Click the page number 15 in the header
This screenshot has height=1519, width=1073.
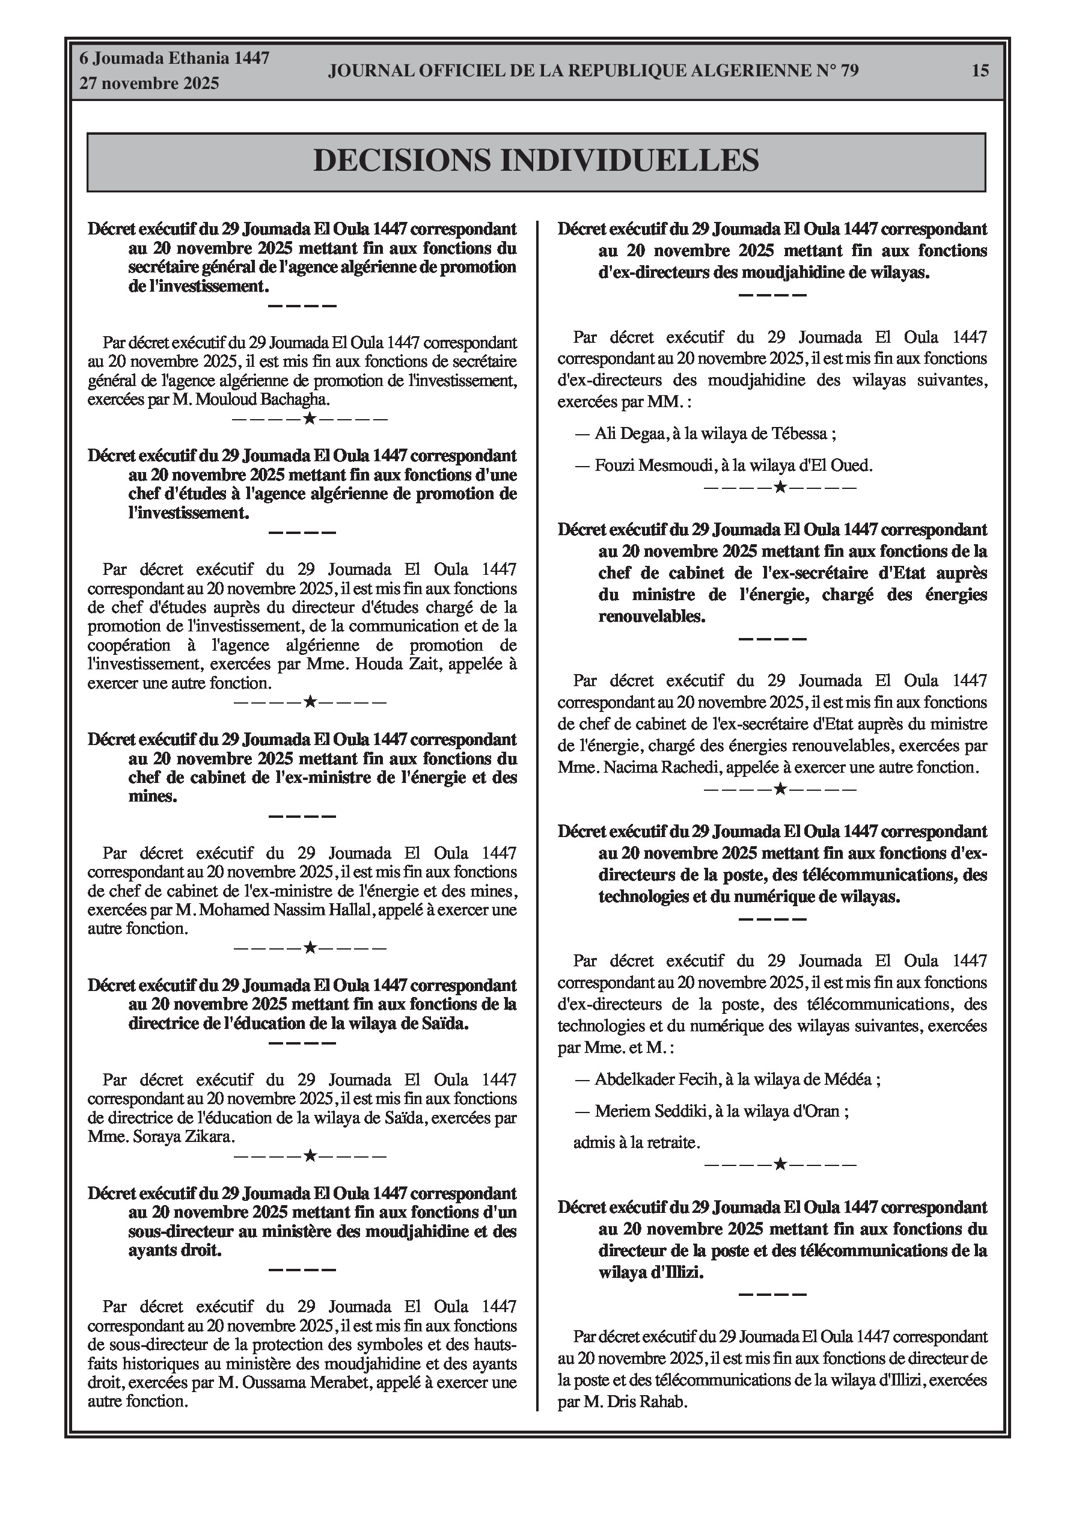point(980,70)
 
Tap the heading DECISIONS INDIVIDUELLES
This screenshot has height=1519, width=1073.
point(536,161)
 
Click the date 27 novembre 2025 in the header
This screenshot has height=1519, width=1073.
point(149,84)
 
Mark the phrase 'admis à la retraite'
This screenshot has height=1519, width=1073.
point(636,1143)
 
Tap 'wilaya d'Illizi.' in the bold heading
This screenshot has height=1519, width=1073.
point(651,1272)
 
